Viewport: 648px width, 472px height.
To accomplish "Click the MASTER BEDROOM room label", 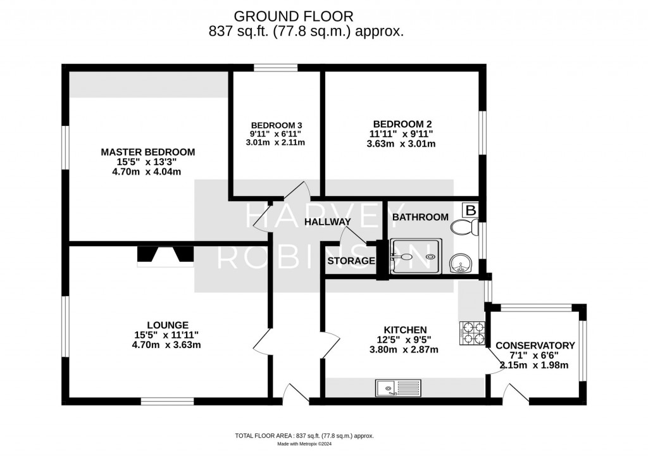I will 148,152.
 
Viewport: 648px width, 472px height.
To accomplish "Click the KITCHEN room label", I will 405,330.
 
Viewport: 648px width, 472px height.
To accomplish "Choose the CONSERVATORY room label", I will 535,345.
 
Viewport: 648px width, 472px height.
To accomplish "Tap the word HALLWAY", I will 327,222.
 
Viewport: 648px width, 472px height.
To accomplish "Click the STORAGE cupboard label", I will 351,261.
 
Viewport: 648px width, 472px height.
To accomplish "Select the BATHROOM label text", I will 420,217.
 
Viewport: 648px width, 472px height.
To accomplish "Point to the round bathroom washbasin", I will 460,264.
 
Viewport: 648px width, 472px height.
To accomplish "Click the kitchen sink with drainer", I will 397,387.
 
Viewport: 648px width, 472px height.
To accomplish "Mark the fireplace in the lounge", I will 166,254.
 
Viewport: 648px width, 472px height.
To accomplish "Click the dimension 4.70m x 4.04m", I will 148,171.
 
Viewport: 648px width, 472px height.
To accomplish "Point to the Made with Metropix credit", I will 304,444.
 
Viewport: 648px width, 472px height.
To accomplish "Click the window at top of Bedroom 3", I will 276,67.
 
